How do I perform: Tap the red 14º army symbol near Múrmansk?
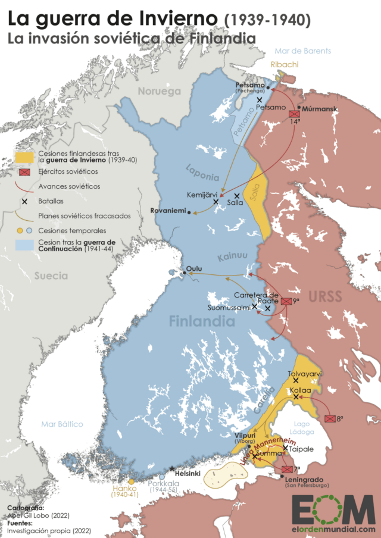(294, 113)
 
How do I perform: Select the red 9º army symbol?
(287, 302)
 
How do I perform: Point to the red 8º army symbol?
(331, 419)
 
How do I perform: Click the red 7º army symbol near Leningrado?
(287, 469)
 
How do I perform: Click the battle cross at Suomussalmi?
(255, 306)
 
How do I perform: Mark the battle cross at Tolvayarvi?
(296, 380)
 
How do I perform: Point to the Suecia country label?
(51, 276)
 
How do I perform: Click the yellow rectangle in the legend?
(24, 157)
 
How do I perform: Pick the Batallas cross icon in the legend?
(24, 201)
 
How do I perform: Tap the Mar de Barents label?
(302, 51)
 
